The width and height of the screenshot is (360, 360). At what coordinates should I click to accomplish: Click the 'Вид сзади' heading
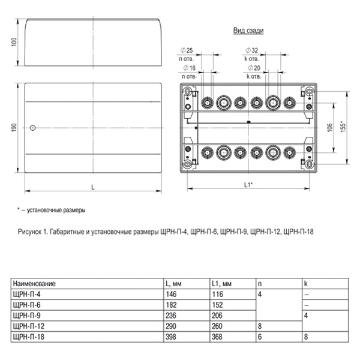pyautogui.click(x=248, y=30)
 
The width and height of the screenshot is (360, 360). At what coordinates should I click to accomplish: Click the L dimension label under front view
pyautogui.click(x=92, y=188)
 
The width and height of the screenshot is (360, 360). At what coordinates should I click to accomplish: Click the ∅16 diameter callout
pyautogui.click(x=188, y=68)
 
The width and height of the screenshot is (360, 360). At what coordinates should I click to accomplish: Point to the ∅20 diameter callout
pyautogui.click(x=253, y=68)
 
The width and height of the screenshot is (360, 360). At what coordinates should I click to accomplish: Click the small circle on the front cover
pyautogui.click(x=33, y=127)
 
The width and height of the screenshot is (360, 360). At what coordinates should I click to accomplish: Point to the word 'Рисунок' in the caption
pyautogui.click(x=28, y=231)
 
